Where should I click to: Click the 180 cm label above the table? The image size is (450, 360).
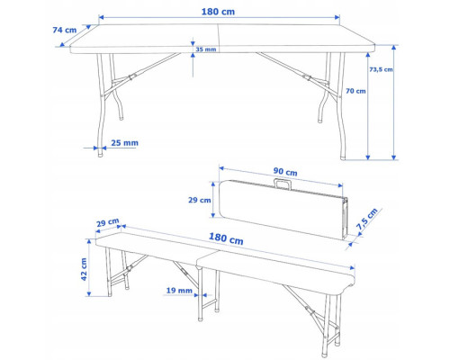218,12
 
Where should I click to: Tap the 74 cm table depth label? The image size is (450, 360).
65,30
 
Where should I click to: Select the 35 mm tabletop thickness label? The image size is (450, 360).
206,49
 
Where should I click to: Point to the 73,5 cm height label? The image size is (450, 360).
381,69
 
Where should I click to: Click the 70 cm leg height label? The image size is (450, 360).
355,91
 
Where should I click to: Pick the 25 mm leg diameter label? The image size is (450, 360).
124,143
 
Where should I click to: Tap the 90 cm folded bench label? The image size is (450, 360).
285,172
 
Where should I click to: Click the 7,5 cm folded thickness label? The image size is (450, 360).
367,219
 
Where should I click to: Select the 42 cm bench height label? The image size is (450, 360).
84,269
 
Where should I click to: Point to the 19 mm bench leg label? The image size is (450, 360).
179,290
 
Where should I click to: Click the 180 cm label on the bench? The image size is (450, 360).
226,238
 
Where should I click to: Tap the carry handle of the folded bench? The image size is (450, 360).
283,184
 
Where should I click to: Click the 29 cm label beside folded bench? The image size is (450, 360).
200,200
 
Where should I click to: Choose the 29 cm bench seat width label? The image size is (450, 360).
108,222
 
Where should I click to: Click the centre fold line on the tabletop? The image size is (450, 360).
219,38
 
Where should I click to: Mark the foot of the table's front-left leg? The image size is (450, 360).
101,155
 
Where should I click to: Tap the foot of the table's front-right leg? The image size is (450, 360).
343,157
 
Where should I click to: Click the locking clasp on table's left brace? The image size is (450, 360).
131,77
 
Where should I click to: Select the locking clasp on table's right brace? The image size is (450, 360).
306,77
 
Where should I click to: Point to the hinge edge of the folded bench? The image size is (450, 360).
346,219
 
